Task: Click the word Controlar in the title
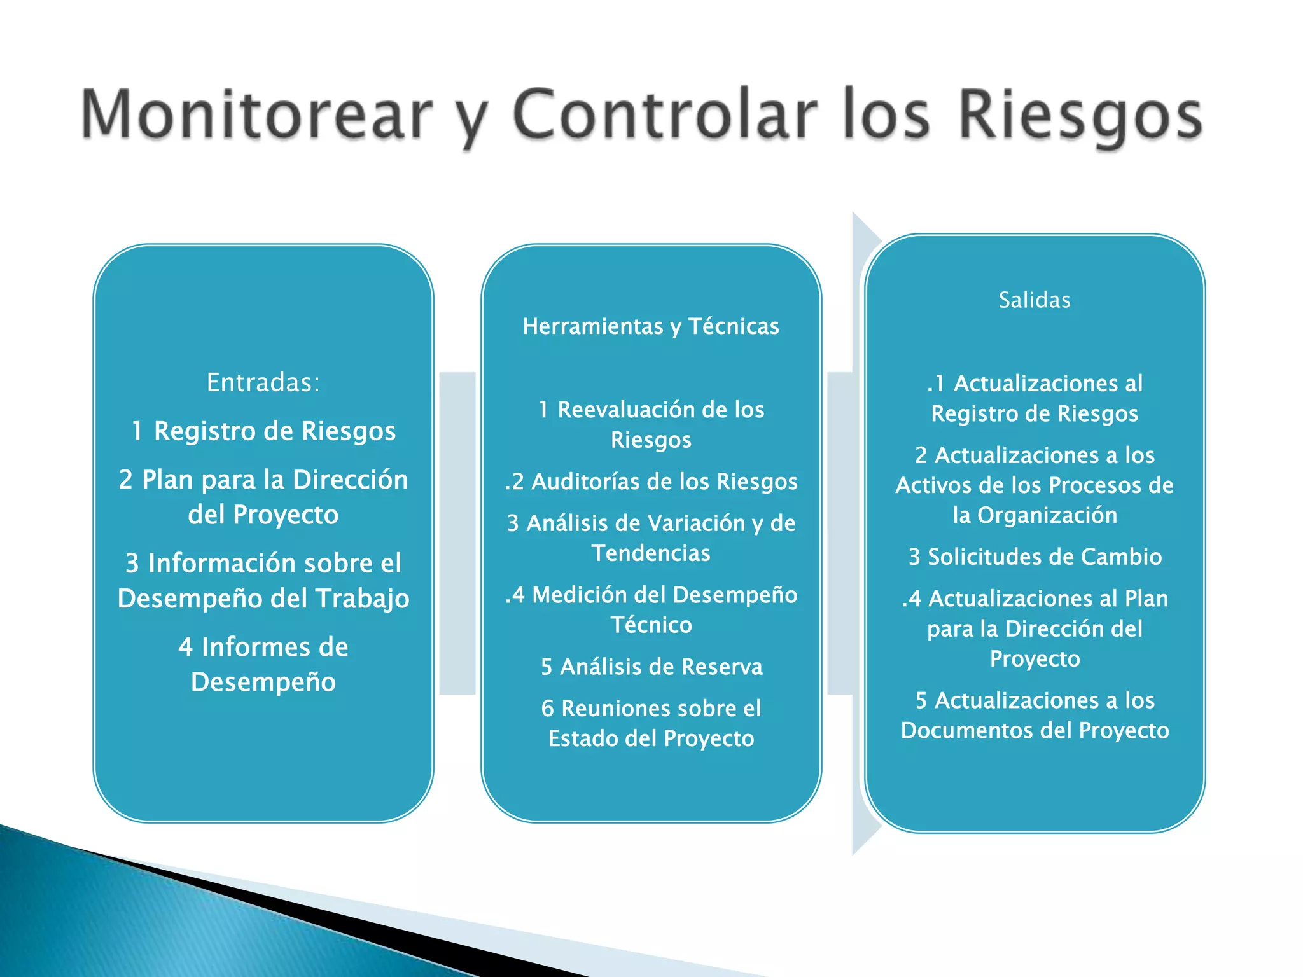664,115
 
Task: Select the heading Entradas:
263,382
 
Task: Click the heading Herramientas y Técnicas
651,326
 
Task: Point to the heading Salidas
1035,300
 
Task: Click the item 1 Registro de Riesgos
263,431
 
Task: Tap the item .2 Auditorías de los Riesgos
651,482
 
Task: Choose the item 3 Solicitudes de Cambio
1035,557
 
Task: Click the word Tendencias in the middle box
651,553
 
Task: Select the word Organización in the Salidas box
1047,515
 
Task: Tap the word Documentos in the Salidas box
974,730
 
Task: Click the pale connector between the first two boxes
457,533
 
